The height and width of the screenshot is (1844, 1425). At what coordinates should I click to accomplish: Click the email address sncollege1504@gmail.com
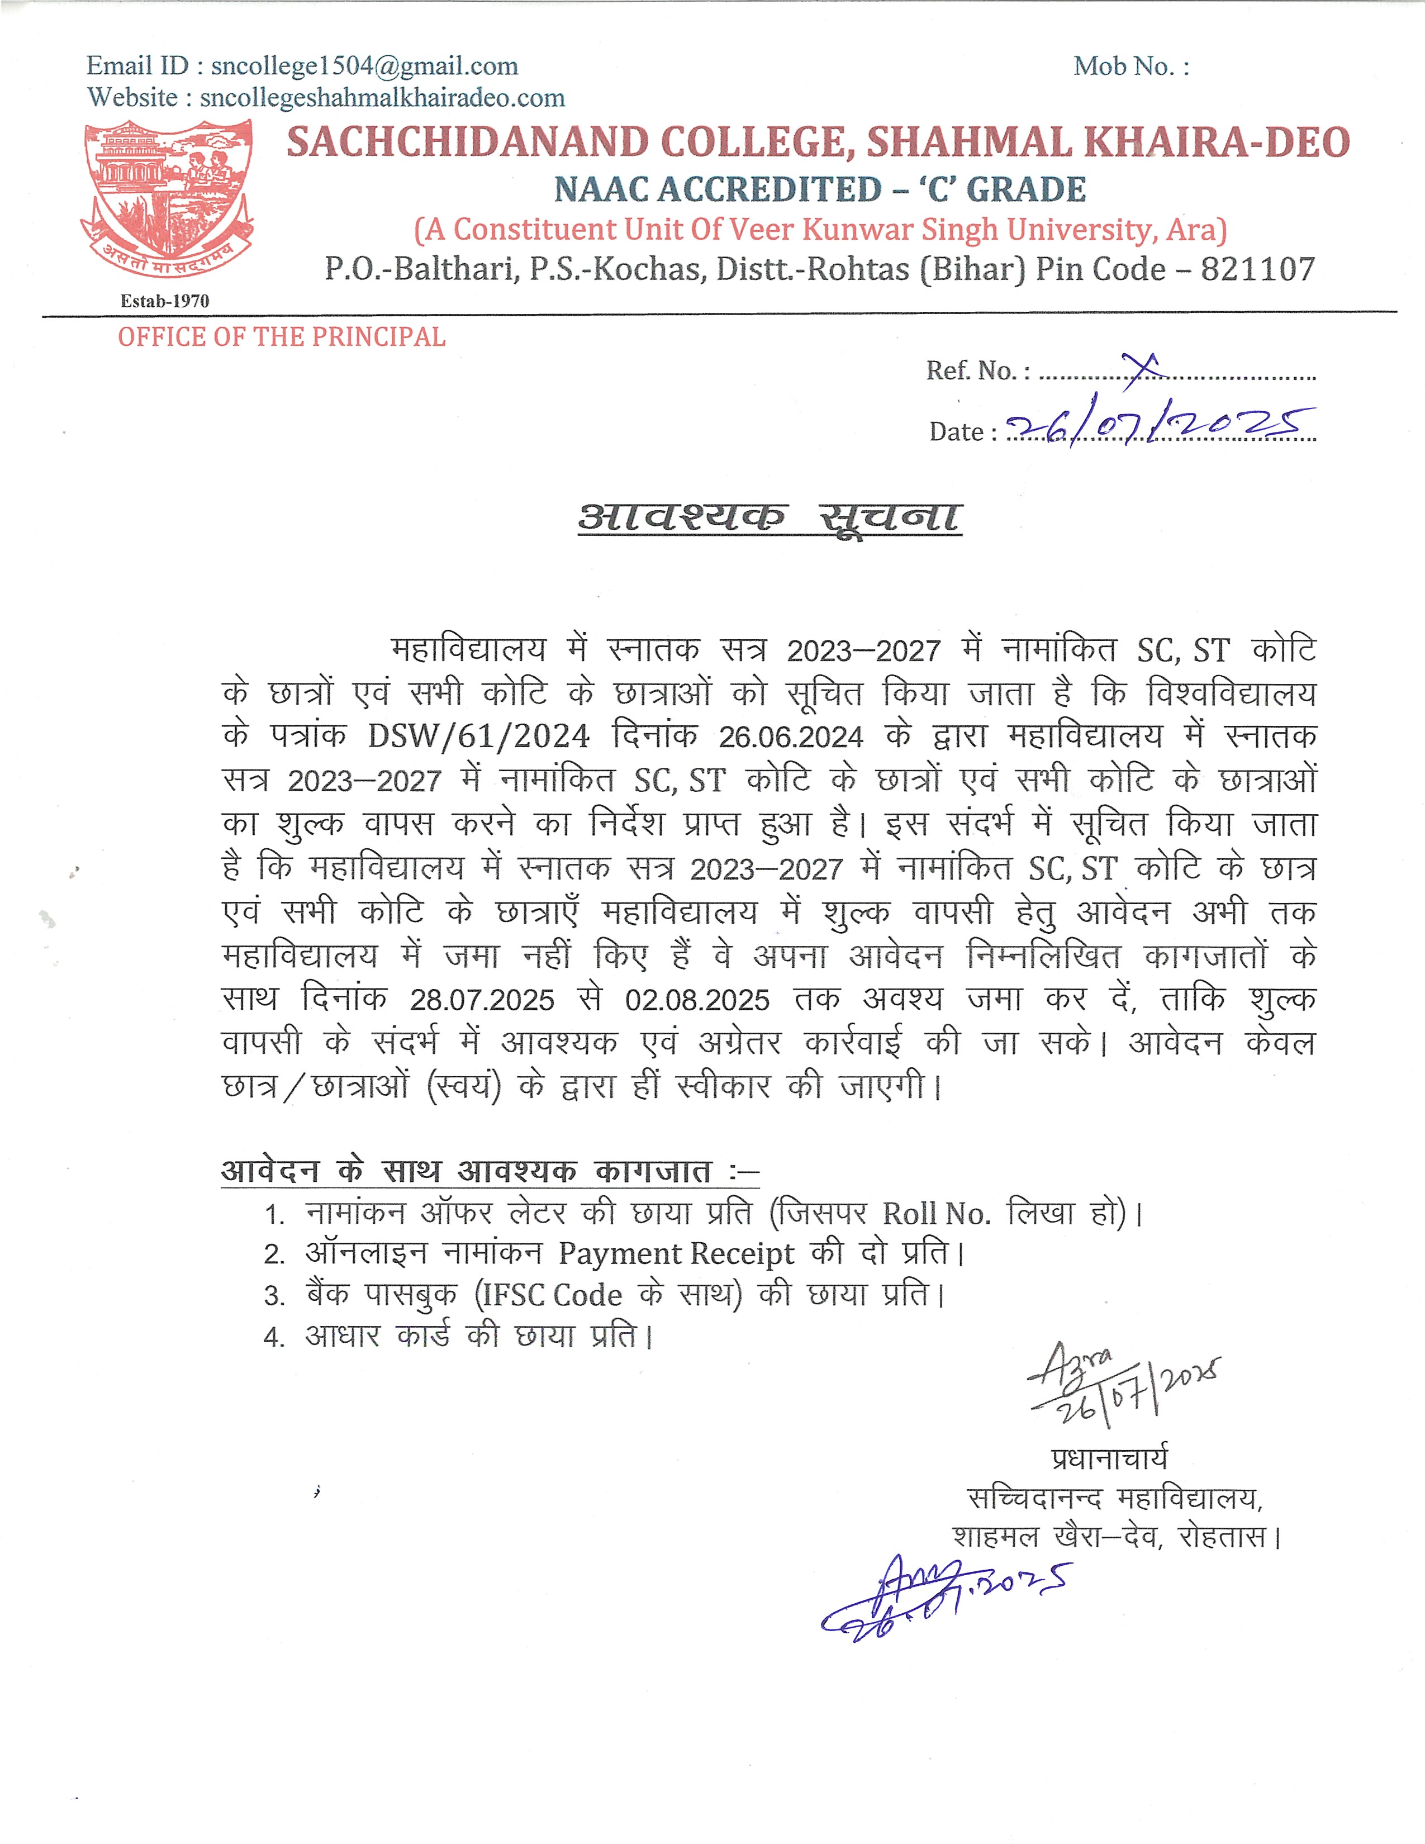[364, 66]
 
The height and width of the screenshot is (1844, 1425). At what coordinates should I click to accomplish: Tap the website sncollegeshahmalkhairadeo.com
[382, 98]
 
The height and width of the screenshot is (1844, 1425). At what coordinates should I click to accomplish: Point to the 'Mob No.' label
[1130, 66]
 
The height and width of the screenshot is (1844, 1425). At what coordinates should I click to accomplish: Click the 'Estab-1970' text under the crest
[165, 301]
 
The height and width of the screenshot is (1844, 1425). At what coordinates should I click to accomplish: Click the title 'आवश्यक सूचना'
[769, 517]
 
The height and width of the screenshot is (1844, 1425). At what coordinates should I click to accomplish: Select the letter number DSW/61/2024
[479, 736]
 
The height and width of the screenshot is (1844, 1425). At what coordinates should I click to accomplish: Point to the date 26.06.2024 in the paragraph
[790, 737]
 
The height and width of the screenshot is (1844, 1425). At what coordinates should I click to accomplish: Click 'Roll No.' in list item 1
[935, 1214]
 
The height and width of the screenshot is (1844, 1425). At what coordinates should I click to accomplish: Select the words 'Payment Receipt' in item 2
[676, 1254]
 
